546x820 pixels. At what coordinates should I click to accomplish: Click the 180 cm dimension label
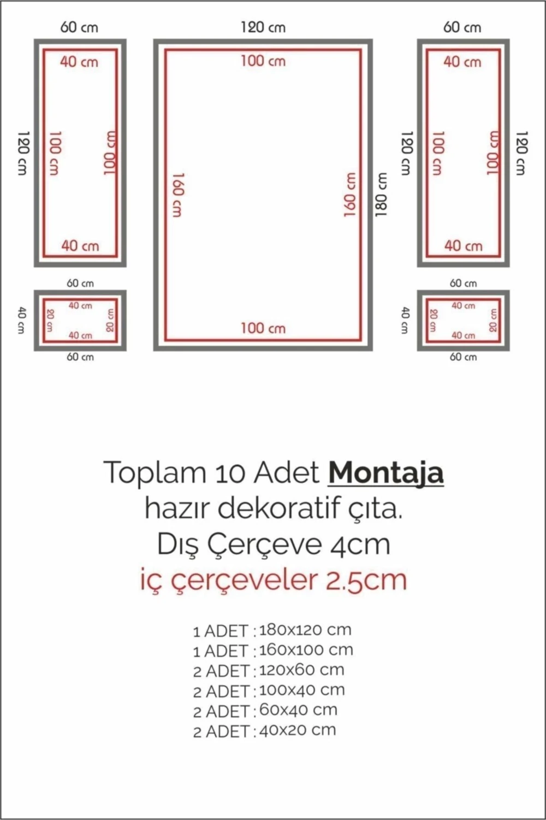click(x=381, y=195)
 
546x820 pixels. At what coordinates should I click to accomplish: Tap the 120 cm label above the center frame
click(x=263, y=27)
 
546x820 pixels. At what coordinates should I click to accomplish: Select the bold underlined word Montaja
click(x=385, y=473)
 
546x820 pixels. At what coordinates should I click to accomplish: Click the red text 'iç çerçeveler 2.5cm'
click(x=274, y=579)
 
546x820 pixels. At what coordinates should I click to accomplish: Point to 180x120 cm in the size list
click(x=305, y=630)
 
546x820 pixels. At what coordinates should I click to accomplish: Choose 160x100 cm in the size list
click(x=306, y=650)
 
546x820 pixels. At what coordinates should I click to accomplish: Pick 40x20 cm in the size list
click(x=298, y=730)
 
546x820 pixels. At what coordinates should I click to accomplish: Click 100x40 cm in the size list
click(x=302, y=690)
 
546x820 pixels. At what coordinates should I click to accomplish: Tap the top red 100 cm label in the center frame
click(x=263, y=61)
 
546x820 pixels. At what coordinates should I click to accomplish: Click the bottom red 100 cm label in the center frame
click(x=263, y=328)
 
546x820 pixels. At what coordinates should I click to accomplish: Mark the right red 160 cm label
click(x=351, y=195)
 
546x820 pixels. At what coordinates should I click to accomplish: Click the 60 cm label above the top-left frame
click(x=80, y=27)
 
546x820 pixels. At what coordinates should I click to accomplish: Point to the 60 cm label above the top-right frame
click(x=462, y=27)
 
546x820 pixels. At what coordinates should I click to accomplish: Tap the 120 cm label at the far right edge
click(x=522, y=153)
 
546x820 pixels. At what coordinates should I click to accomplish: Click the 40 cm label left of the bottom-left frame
click(x=21, y=320)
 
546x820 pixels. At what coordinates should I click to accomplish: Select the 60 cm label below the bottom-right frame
click(x=463, y=357)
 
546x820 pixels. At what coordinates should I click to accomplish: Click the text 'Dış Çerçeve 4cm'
click(x=274, y=544)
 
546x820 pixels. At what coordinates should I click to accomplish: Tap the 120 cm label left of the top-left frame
click(x=22, y=153)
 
